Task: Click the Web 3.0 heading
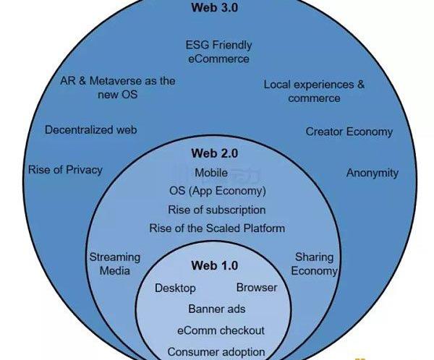215,9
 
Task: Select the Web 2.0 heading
215,153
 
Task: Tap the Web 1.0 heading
215,266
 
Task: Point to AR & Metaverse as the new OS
118,88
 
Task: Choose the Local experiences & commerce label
314,91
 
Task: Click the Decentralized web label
90,130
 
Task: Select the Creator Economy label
349,132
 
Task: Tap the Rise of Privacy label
65,170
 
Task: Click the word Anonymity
372,173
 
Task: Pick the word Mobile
210,173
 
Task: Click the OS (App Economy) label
217,192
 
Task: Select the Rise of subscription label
216,210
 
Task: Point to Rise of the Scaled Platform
217,228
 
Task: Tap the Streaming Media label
114,264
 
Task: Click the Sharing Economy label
315,264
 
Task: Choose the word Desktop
175,288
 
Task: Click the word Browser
257,288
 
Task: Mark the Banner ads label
216,309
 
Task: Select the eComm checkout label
220,330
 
